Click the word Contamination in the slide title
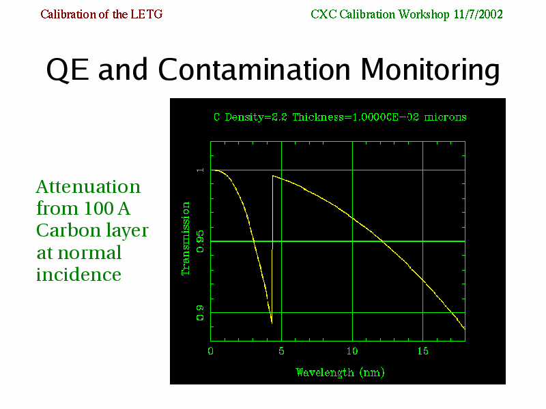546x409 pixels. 254,70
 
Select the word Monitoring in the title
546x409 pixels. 430,70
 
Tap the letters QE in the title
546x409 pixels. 67,70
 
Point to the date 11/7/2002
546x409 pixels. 478,14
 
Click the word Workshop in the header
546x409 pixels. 424,14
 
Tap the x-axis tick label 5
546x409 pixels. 281,351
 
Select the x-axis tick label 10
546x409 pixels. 352,351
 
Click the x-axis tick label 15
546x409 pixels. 422,351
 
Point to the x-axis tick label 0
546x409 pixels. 210,351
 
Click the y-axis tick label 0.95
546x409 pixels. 200,241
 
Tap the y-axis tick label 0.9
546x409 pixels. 200,313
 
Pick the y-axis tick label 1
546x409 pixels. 200,170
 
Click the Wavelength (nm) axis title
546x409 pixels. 340,372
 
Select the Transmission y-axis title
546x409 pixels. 186,239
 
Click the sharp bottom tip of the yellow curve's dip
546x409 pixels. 272,323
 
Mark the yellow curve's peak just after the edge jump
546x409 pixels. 273,176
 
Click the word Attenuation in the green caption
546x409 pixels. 89,187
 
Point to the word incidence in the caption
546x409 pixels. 78,274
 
